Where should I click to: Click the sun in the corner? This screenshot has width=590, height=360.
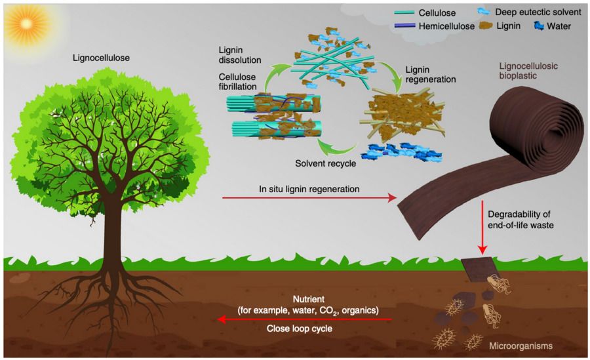point(26,24)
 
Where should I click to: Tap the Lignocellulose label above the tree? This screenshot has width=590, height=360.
point(101,58)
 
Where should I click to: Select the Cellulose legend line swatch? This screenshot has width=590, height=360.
point(404,12)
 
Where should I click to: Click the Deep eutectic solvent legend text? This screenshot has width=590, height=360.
point(538,12)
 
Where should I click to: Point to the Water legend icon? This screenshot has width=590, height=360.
point(539,26)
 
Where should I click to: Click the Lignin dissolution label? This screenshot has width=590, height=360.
point(240,55)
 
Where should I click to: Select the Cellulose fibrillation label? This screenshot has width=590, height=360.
point(237,82)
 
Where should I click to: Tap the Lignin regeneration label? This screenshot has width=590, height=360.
point(431,75)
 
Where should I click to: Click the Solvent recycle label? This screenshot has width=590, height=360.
point(325,163)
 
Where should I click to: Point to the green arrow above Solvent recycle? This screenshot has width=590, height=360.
point(337,150)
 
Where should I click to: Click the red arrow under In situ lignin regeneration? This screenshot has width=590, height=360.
point(309,197)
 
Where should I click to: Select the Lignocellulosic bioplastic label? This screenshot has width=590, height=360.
point(528,71)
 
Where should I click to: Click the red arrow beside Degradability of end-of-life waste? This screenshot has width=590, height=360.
point(482,228)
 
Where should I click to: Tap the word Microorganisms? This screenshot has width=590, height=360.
point(521,346)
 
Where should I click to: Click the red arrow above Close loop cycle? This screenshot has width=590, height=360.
point(305,319)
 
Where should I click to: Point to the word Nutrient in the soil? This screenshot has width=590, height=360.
point(309,300)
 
